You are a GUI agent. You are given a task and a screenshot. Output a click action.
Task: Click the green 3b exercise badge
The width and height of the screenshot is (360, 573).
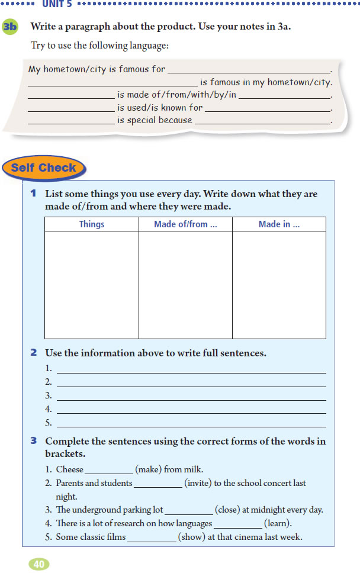[x=10, y=27]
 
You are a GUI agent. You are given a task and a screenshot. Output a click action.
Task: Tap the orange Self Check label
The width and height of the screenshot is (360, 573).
[x=43, y=168]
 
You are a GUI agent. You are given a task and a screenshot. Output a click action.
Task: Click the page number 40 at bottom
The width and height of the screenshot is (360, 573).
[x=39, y=564]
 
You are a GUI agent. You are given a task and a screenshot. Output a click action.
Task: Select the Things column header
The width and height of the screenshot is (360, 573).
[x=92, y=224]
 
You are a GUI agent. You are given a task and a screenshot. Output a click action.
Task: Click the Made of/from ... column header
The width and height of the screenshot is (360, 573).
[x=185, y=224]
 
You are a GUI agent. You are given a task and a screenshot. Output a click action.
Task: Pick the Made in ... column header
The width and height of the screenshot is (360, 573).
[x=279, y=224]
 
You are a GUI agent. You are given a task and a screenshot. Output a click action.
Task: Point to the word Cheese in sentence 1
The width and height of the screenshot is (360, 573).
[x=70, y=469]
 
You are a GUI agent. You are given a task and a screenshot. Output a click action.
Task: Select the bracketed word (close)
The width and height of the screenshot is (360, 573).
[x=228, y=510]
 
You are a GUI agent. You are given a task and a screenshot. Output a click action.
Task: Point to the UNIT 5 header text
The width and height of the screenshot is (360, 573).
[x=57, y=4]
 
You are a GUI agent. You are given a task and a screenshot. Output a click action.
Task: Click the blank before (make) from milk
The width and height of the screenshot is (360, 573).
[x=109, y=471]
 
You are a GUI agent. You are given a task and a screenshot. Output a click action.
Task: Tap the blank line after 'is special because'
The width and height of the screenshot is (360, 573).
[x=262, y=121]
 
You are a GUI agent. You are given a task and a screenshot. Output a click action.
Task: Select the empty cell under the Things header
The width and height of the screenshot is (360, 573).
[x=92, y=285]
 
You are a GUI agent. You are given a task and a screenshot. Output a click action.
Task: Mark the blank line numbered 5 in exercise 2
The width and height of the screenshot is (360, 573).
[x=191, y=424]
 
